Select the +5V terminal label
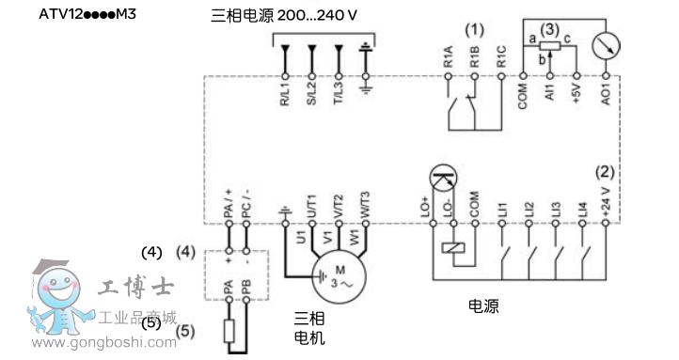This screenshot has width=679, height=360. click(576, 96)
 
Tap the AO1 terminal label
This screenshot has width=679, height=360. click(607, 96)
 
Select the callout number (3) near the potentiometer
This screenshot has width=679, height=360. click(550, 29)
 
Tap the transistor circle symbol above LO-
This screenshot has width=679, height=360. click(441, 177)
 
